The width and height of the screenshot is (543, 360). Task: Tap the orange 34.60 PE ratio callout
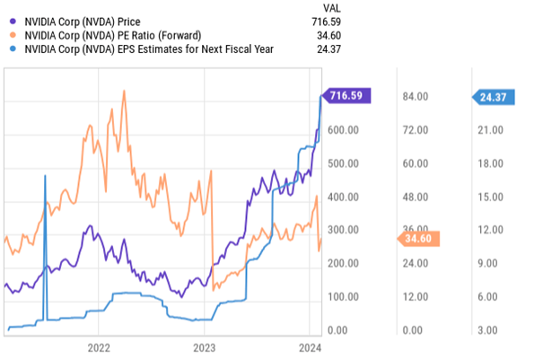point(417,238)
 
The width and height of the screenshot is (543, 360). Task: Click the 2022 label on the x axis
point(98,347)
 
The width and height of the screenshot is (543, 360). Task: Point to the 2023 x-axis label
point(204,347)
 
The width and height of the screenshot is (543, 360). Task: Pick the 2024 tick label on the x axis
point(309,347)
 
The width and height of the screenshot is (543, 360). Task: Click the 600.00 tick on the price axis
point(343,130)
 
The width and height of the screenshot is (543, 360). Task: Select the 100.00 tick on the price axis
point(343,297)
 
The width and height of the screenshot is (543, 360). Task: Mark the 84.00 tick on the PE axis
point(417,97)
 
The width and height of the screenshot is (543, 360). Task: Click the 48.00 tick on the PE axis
point(417,198)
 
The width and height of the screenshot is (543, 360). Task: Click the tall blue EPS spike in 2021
point(45,180)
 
